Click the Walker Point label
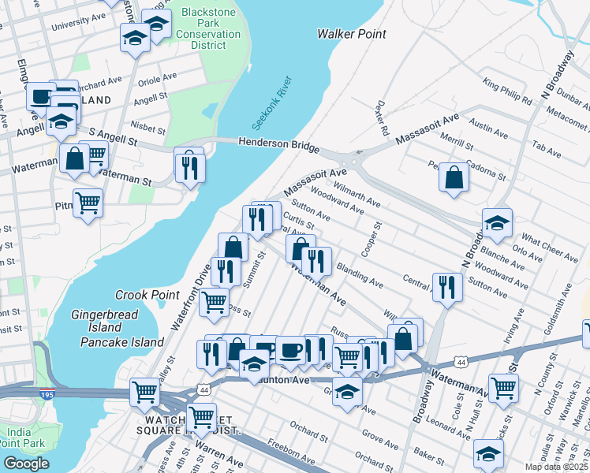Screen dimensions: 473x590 [351, 34]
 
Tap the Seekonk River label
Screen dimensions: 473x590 [272, 103]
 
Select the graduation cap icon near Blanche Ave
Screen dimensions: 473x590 [497, 224]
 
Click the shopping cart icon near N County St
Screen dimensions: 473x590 [503, 387]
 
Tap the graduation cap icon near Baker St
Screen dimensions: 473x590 [488, 453]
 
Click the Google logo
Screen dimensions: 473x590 [26, 463]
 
